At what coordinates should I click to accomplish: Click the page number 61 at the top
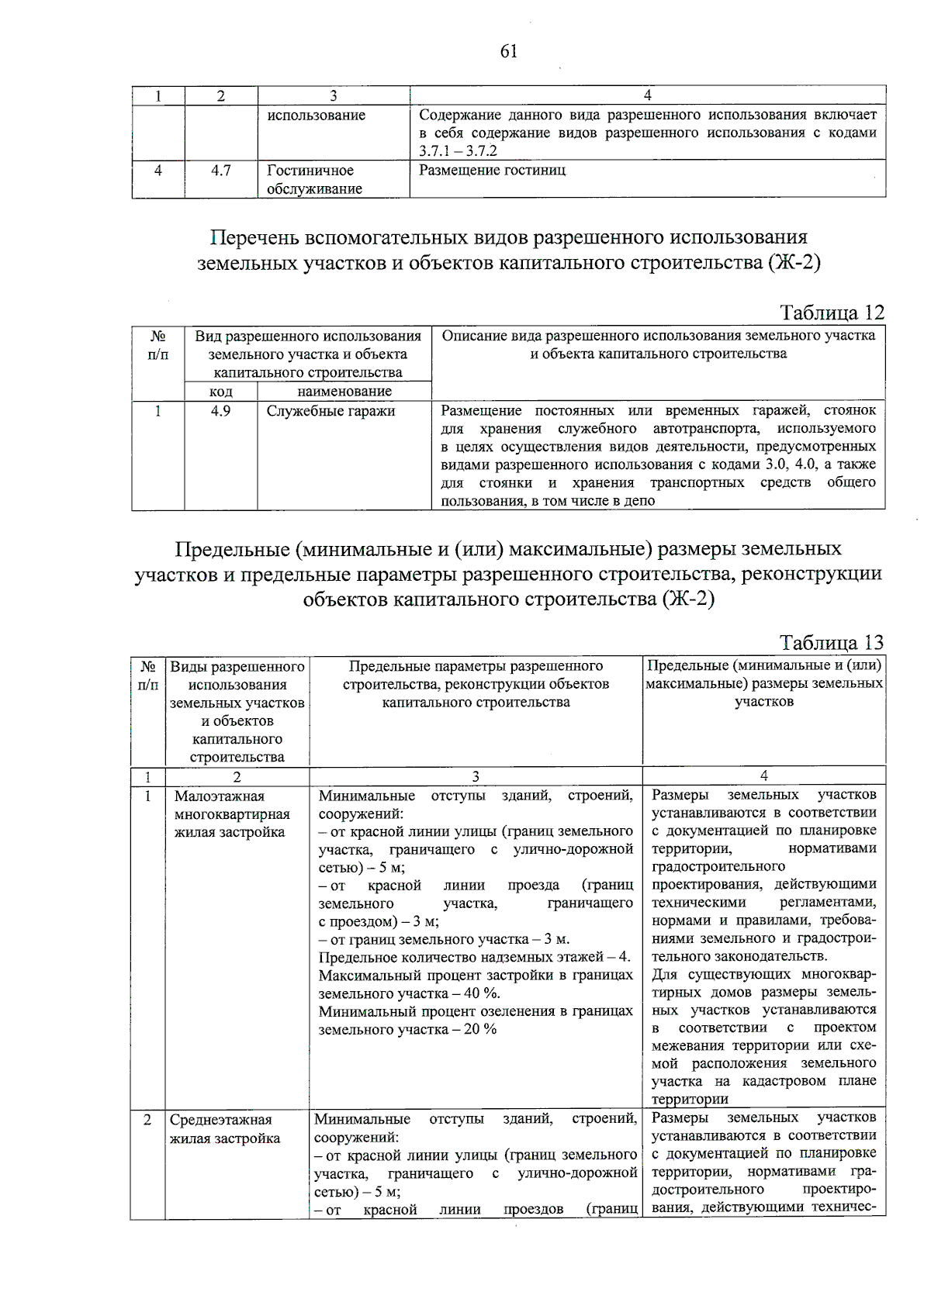coord(509,52)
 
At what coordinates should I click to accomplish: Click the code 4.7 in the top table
coord(221,171)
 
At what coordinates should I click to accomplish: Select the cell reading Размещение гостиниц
coord(492,171)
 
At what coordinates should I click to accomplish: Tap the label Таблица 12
coord(832,313)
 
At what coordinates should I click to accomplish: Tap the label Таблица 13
coord(832,643)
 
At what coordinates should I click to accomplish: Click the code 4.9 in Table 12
coord(221,411)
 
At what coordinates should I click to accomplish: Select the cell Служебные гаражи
coord(331,411)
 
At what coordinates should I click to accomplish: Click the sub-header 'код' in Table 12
coord(221,392)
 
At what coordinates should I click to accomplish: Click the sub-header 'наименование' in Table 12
coord(344,392)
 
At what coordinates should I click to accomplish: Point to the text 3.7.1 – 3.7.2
coord(458,151)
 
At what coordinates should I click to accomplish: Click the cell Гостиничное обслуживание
coord(313,179)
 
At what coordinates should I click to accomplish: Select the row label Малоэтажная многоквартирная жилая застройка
coord(232,814)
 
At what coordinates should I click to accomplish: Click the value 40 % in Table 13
coord(481,993)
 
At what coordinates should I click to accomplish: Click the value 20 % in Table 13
coord(480,1029)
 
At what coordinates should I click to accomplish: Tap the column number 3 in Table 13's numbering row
coord(476,776)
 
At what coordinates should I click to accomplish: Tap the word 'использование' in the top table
coord(316,116)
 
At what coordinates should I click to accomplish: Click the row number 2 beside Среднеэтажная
coord(147,1120)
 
